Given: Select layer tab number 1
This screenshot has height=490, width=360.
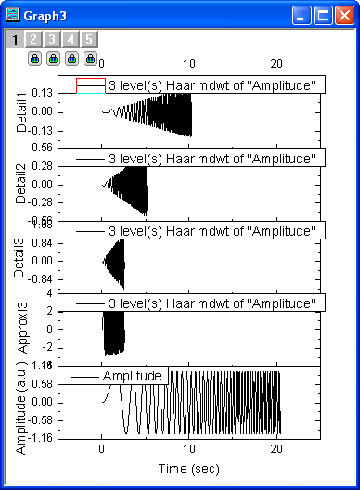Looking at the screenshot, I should point(15,39).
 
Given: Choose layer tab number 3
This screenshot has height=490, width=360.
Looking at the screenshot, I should point(51,39).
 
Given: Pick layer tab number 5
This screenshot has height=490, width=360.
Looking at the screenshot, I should point(87,39).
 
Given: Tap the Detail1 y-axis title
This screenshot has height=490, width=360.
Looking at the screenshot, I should point(21,112).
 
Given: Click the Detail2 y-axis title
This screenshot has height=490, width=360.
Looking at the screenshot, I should point(21,185).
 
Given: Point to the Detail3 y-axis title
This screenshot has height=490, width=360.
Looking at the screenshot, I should point(21,258).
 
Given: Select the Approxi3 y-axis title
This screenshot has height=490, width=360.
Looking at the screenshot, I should point(21,329).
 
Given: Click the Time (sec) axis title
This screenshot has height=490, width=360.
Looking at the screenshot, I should point(190,468).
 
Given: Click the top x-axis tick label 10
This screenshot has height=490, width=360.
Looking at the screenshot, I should point(189,62).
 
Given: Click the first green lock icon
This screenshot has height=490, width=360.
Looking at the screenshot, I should point(34,58).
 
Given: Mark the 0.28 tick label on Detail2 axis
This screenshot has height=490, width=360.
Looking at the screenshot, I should point(42,165).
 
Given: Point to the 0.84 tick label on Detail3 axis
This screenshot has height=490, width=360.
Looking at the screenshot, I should point(42,242).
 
